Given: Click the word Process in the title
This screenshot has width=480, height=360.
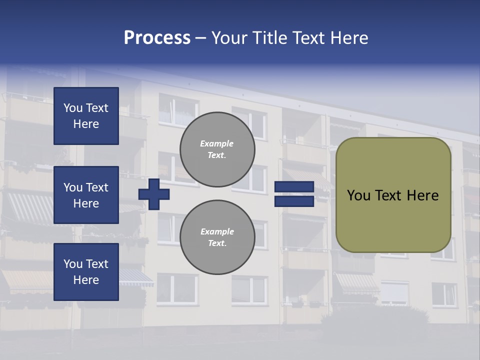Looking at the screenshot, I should click(157, 38).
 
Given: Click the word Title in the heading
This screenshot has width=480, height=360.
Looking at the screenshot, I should click(268, 38).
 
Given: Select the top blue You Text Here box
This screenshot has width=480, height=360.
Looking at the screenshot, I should click(86, 116).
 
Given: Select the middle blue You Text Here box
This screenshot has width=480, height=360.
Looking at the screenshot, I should click(86, 195).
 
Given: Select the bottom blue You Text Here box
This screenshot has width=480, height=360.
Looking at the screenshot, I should click(86, 272).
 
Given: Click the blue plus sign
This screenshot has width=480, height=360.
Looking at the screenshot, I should click(154, 194).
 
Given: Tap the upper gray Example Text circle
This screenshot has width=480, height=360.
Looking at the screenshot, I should click(217, 149).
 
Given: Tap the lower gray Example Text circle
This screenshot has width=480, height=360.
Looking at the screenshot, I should click(217, 237).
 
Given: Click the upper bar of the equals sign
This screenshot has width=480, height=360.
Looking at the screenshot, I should click(294, 187).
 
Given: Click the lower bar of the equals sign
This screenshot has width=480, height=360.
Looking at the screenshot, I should click(294, 201).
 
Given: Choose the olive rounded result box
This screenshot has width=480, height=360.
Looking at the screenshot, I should click(393, 195).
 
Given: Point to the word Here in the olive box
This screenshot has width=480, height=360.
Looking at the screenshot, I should click(422, 195).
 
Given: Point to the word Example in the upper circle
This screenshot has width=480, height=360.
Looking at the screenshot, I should click(217, 143).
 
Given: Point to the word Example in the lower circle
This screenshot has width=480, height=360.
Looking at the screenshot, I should click(217, 231).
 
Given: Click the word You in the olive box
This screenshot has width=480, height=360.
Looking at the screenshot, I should click(358, 195).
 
